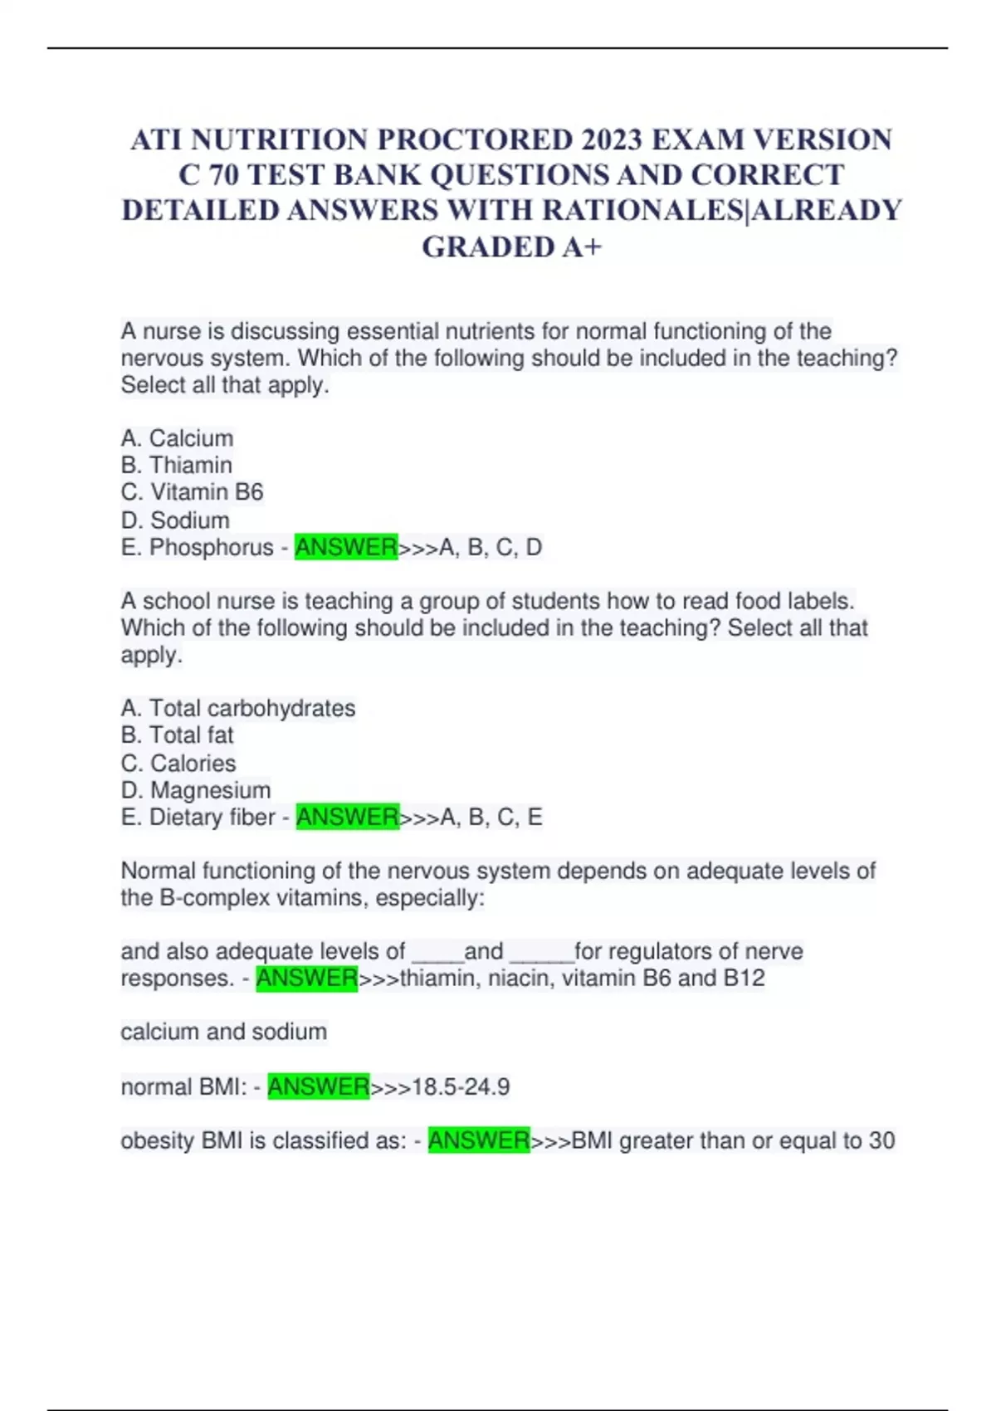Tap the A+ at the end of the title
click(x=581, y=247)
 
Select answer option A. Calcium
click(x=177, y=438)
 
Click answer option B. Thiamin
click(x=176, y=465)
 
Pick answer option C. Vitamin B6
click(x=192, y=492)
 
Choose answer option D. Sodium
click(x=175, y=520)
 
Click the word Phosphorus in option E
click(x=211, y=548)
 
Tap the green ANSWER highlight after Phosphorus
click(x=346, y=548)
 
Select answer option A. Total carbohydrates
click(x=238, y=708)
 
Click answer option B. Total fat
click(x=177, y=735)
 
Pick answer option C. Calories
click(x=178, y=764)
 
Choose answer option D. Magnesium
click(x=196, y=790)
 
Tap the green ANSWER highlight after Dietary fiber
click(x=347, y=818)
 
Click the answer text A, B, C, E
click(x=491, y=818)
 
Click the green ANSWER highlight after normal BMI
click(x=318, y=1087)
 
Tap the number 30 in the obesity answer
click(x=881, y=1141)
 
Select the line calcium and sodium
click(x=223, y=1032)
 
